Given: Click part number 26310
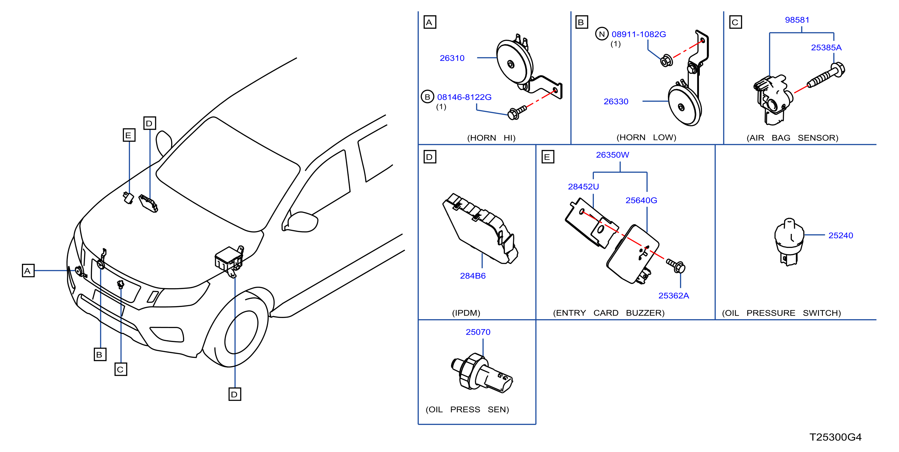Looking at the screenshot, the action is (452, 58).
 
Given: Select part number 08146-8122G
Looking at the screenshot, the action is (464, 97).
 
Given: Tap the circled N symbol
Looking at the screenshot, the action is (602, 34).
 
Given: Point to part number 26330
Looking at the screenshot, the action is (616, 101).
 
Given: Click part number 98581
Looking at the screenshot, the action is (797, 20).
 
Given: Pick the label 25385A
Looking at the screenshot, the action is (826, 48).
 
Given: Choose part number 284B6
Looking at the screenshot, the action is (473, 276).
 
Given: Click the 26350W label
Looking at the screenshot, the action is (612, 155).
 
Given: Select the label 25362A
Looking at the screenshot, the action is (674, 296).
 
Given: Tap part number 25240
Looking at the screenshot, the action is (841, 236).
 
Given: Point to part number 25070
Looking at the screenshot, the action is (478, 332).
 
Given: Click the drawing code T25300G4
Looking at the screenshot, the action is (835, 437).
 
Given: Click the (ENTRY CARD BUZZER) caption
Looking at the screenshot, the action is (609, 313).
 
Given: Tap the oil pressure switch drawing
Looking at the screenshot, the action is (789, 242).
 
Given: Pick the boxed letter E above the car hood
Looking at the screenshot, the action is (129, 135).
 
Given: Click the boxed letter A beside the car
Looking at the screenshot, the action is (28, 270).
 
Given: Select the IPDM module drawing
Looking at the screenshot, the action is (480, 229).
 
